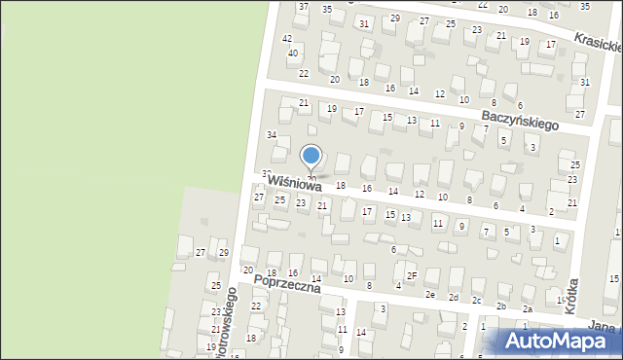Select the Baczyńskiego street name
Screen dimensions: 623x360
click(520, 120)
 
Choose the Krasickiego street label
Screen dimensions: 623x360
click(598, 42)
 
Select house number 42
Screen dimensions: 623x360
click(287, 38)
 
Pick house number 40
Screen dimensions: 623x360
click(292, 53)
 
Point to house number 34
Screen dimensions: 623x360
click(273, 134)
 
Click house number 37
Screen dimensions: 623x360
click(304, 7)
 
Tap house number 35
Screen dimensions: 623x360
click(327, 9)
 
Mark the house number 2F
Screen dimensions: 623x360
click(412, 275)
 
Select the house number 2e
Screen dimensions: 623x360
click(429, 294)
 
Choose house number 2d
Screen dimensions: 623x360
click(454, 297)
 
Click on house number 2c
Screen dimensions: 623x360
click(477, 301)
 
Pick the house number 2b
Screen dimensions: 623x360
click(501, 306)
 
